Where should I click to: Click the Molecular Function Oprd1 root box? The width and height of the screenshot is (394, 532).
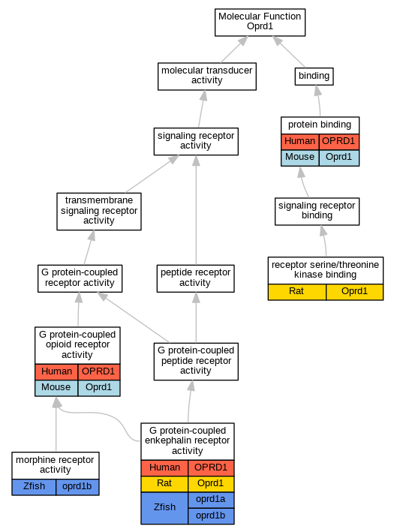pos(260,23)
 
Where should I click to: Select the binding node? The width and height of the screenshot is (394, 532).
pos(314,77)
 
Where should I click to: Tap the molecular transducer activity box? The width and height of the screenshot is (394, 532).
pos(207,77)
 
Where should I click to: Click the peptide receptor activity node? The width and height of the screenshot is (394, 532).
pos(195,278)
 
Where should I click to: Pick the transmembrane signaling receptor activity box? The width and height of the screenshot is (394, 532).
pos(99,212)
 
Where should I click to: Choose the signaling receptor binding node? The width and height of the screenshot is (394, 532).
pos(317,212)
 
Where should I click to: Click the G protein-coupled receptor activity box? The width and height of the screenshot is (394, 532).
pos(80,278)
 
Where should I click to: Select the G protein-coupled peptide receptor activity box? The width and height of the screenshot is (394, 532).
pos(196,362)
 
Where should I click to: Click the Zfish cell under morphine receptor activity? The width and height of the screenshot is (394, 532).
pos(34,487)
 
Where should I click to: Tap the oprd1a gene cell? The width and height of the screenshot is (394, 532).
pos(211,500)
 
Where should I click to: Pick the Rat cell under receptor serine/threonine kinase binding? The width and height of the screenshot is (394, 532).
pos(297,292)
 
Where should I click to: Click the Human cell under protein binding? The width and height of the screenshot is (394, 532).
pos(300,142)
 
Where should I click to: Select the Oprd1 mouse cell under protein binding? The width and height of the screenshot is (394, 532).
pos(339,158)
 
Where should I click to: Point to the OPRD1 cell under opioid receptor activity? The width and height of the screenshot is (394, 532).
pos(99,372)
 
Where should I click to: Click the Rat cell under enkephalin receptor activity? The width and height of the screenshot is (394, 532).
pos(164,484)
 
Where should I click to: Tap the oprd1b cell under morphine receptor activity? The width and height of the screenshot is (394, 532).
pos(77,487)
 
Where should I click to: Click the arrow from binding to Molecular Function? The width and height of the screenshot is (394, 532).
pos(289,52)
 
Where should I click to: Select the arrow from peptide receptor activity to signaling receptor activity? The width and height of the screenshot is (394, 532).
pos(196,210)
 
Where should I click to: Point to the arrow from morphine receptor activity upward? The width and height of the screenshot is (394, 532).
pos(56,424)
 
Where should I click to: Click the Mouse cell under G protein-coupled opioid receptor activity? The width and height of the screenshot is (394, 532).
pos(56,388)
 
